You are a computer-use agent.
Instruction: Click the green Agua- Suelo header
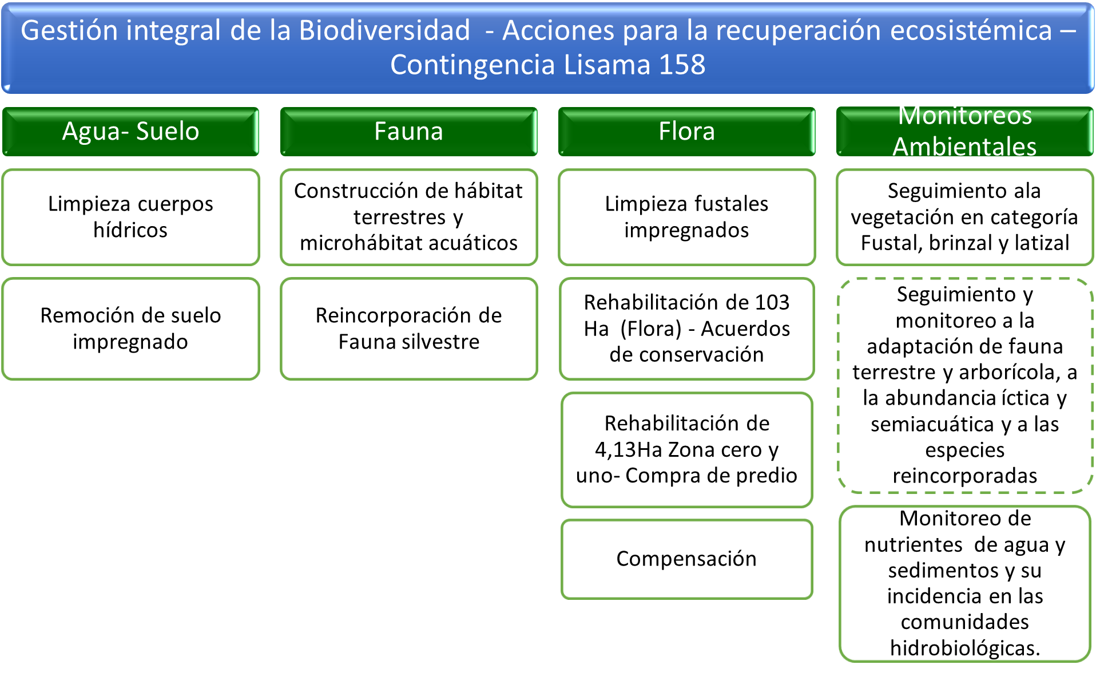(130, 131)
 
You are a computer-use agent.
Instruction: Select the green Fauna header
(408, 131)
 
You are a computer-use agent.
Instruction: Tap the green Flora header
(686, 131)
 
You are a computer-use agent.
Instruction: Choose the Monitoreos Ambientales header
(964, 131)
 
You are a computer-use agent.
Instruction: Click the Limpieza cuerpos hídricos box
(130, 217)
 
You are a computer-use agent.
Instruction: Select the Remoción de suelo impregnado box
(130, 329)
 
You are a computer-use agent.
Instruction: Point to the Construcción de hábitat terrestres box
(408, 217)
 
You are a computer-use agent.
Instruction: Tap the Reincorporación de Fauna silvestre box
(408, 329)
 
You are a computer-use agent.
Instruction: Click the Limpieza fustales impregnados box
(686, 217)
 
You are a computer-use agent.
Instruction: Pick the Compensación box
(686, 559)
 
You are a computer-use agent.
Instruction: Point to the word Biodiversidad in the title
(384, 30)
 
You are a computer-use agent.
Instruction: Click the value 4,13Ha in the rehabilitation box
(629, 450)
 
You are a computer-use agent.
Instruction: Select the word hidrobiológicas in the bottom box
(965, 648)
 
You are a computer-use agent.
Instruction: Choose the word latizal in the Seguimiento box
(1042, 243)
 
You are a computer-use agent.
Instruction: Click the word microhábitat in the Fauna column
(361, 243)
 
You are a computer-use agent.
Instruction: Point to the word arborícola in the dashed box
(1010, 373)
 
